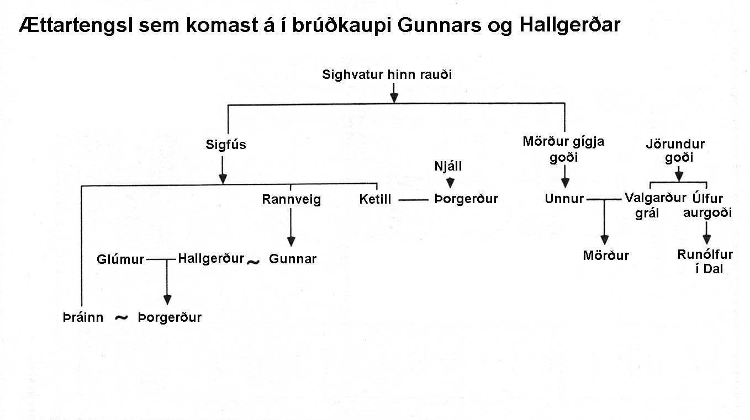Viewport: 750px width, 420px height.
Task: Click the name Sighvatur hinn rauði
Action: tap(387, 75)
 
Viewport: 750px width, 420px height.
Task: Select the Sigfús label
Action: tap(226, 145)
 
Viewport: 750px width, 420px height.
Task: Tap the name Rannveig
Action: tap(291, 199)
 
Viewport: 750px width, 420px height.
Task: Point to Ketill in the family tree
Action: tap(375, 199)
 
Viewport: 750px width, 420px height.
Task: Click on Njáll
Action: tap(448, 166)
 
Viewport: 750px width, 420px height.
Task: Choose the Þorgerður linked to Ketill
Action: tap(466, 199)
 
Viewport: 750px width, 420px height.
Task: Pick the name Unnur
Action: tap(564, 199)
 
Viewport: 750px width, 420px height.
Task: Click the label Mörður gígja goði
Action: tap(563, 149)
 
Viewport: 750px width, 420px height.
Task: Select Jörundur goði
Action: tap(675, 151)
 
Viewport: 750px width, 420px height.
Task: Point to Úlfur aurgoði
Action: tap(707, 205)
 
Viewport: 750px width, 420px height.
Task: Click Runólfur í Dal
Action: tap(705, 262)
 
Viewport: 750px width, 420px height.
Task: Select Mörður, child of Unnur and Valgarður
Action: tap(606, 256)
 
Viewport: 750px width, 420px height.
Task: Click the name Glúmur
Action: tap(120, 259)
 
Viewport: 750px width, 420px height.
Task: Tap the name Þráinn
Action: tap(83, 317)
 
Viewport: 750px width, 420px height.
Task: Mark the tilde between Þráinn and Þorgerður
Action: tap(121, 317)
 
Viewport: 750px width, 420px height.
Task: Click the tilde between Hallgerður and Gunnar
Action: tap(253, 262)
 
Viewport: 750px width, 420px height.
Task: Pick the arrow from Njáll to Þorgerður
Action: tap(450, 182)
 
